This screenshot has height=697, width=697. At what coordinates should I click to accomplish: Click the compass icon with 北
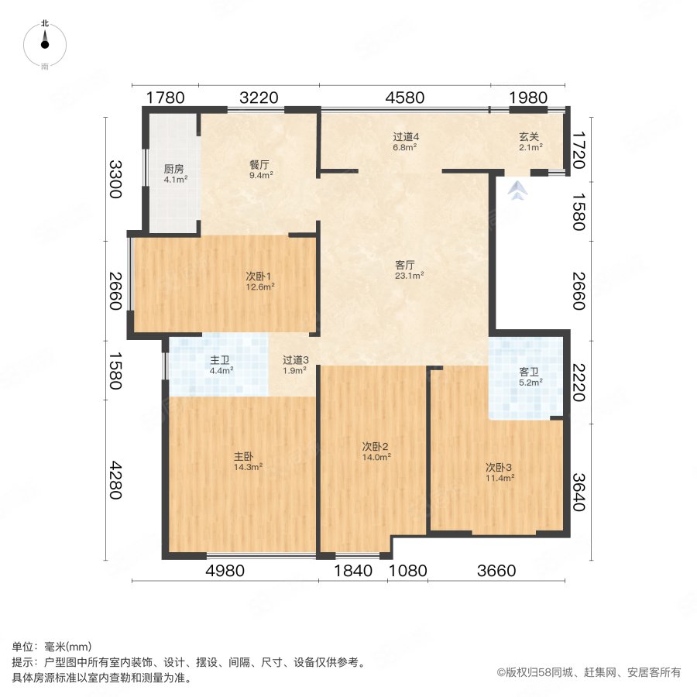point(45,46)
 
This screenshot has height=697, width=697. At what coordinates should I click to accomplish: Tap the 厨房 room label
point(173,169)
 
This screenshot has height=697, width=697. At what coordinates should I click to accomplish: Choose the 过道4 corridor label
point(405,137)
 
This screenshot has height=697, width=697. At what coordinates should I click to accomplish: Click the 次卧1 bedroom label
point(258,276)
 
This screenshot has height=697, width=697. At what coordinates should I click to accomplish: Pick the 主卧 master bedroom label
point(247,456)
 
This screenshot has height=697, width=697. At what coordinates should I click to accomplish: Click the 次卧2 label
point(375,446)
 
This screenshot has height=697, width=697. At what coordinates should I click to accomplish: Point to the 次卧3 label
point(499,467)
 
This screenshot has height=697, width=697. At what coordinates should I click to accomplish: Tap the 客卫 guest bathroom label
point(529,372)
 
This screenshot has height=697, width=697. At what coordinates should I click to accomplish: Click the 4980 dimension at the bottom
point(225,572)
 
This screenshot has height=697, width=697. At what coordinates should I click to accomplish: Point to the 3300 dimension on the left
point(115,179)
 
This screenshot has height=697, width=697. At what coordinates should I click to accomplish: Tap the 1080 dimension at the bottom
point(407,572)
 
